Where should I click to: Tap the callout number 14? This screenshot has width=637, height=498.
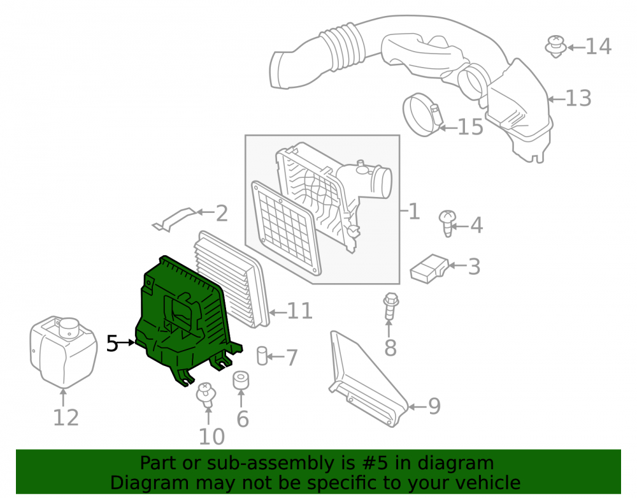[598, 47]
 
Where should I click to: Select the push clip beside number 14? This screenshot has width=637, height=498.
[555, 47]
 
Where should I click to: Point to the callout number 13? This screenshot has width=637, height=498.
[578, 98]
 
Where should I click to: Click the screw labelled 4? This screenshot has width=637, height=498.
[447, 223]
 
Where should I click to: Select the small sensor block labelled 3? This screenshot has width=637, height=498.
[429, 268]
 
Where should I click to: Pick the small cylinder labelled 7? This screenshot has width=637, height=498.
[262, 356]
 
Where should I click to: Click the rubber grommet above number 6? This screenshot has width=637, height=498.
[241, 381]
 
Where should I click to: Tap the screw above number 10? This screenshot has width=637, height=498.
[206, 394]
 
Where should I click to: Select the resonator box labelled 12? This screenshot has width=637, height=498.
[64, 351]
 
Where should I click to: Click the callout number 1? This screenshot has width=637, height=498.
[414, 212]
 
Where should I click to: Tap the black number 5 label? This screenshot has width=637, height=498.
[111, 344]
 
